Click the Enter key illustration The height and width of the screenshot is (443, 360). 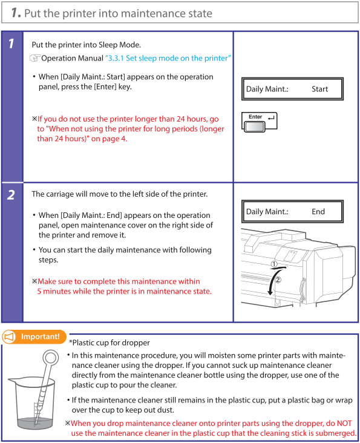click(259, 122)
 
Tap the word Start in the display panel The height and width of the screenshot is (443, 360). click(319, 90)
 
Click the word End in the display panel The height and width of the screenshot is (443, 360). click(318, 212)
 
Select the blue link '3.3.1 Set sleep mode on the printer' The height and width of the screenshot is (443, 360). click(168, 58)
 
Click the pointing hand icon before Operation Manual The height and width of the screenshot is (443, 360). click(35, 58)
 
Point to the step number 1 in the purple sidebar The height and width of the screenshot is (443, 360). click(11, 44)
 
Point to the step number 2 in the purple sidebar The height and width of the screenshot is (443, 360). click(11, 195)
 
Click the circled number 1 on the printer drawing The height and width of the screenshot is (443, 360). click(274, 264)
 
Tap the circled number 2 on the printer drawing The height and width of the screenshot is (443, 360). click(278, 280)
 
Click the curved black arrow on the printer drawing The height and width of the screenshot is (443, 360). click(272, 280)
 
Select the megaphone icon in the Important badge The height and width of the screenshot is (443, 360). click(9, 336)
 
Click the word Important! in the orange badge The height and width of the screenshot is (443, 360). click(41, 336)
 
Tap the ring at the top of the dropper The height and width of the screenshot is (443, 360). click(51, 358)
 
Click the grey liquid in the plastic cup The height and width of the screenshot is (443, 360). click(35, 423)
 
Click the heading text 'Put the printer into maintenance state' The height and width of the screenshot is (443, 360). click(118, 13)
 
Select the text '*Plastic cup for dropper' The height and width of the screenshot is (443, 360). click(110, 343)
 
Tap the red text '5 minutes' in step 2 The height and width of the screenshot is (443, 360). click(53, 291)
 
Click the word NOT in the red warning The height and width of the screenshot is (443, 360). click(344, 423)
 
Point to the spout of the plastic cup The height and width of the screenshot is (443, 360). click(12, 380)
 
